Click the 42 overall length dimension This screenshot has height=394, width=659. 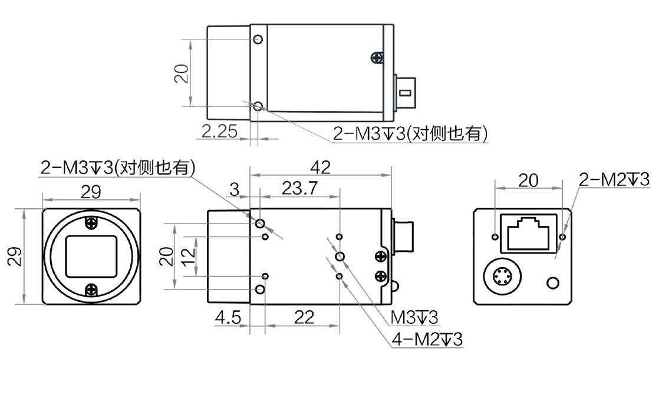320,168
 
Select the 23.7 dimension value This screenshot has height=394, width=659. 299,188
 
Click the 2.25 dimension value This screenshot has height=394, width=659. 219,132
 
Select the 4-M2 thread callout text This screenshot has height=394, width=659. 427,340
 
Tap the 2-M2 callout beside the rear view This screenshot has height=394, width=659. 614,179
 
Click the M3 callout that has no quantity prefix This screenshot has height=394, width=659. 415,319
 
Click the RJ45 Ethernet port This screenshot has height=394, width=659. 529,230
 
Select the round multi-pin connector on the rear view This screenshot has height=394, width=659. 502,276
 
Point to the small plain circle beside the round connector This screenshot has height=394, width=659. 553,283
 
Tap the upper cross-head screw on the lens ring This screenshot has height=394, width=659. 91,222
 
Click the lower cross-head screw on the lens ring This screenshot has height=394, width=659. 91,290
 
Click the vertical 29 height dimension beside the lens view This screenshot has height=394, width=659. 16,256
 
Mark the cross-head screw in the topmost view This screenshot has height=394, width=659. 377,57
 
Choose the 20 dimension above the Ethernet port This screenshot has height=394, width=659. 528,180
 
